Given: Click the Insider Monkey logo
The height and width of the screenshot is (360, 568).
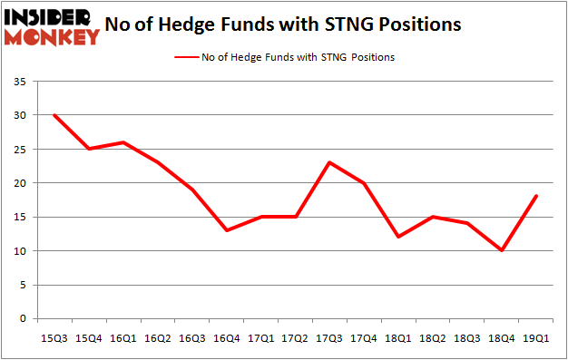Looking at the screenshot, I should pyautogui.click(x=52, y=27).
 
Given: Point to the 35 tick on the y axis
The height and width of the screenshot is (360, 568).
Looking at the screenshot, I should pyautogui.click(x=20, y=82).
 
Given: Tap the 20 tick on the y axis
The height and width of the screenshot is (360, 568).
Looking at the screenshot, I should pyautogui.click(x=20, y=183).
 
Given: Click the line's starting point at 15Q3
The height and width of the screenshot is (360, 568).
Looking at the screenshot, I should pyautogui.click(x=54, y=115).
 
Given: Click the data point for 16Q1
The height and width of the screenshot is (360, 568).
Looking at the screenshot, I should pyautogui.click(x=123, y=142).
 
